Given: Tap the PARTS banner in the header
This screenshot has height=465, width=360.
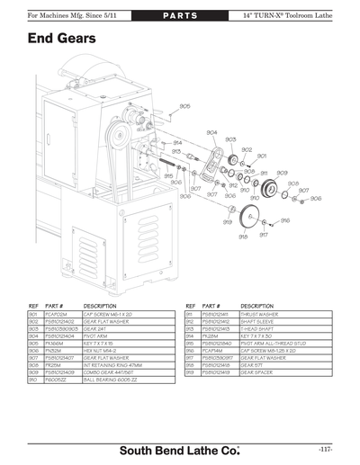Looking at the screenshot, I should pyautogui.click(x=180, y=16).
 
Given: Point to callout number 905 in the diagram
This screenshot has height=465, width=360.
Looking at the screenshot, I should pyautogui.click(x=184, y=107).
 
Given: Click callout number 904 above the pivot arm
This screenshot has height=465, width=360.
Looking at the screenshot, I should pyautogui.click(x=211, y=133).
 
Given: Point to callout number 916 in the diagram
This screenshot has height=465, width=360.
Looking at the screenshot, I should pyautogui.click(x=284, y=220).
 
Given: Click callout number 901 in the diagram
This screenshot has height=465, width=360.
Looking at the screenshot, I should pyautogui.click(x=262, y=156).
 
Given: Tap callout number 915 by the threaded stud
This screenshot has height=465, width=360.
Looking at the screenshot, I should pyautogui.click(x=168, y=176).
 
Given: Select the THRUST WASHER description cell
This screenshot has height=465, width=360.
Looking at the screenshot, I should pyautogui.click(x=234, y=313).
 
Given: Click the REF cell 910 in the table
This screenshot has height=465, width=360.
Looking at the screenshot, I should pyautogui.click(x=33, y=382).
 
